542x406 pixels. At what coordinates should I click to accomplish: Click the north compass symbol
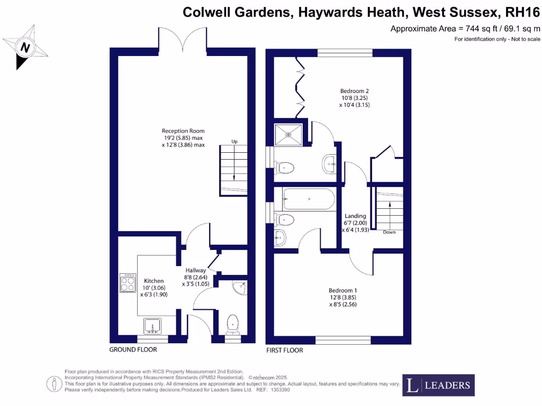click(24, 47)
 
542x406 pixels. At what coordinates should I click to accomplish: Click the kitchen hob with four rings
click(128, 282)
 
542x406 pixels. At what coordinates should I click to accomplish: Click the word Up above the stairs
click(234, 141)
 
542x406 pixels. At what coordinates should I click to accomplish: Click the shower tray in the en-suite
click(288, 134)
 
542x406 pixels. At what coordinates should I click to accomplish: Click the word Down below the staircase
click(389, 232)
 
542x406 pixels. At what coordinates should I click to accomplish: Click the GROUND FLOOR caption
click(133, 350)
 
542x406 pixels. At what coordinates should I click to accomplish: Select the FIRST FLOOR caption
click(285, 350)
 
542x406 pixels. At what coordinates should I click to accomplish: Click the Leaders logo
click(438, 385)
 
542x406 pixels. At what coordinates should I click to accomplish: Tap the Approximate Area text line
click(465, 29)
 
